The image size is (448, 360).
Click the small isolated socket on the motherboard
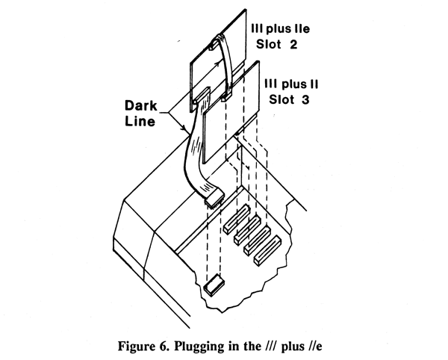tap(214, 284)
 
